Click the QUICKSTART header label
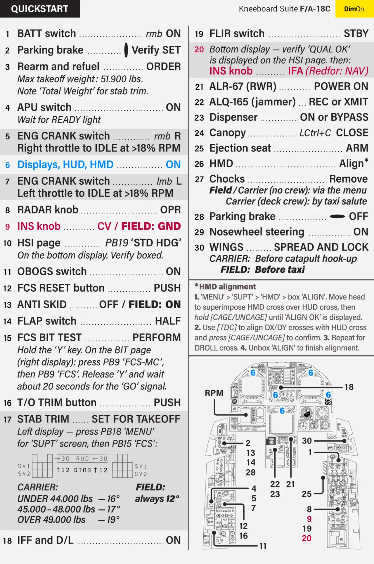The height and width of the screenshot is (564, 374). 40,9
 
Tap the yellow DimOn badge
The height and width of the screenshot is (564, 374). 354,9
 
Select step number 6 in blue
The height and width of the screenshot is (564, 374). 8,165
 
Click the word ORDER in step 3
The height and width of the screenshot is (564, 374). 163,67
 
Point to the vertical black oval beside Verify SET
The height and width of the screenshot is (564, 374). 126,50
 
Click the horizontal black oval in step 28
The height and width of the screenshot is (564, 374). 337,217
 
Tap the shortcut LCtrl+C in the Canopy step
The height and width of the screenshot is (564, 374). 315,133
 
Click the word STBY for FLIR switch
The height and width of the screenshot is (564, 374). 356,34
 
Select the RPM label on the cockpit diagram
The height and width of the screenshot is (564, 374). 214,393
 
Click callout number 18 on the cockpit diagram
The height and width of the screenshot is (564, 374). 349,387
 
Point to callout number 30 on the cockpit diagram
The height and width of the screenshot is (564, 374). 307,441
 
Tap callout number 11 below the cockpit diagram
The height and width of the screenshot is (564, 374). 263,546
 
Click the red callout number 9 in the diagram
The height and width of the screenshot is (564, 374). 309,519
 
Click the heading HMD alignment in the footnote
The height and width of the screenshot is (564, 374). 227,287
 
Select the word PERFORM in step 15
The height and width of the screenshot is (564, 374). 157,338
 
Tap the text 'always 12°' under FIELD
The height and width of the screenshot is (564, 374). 157,499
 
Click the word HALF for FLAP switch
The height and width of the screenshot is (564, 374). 168,321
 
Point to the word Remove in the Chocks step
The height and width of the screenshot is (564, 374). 348,179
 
